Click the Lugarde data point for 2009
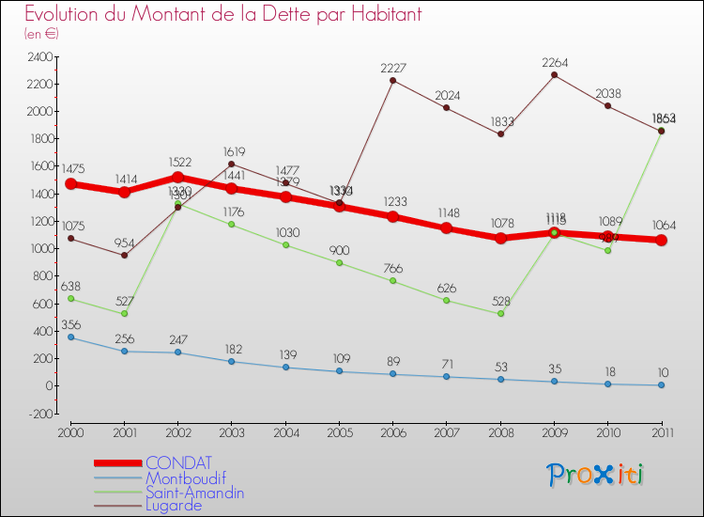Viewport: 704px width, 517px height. click(x=554, y=75)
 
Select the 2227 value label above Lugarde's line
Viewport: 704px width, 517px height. click(x=393, y=68)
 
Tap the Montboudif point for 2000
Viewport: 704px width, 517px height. click(x=70, y=337)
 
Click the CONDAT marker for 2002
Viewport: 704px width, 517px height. click(x=177, y=177)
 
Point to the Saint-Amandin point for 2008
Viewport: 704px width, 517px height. click(x=500, y=313)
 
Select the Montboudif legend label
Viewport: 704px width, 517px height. click(x=185, y=478)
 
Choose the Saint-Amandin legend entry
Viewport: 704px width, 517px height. click(x=195, y=492)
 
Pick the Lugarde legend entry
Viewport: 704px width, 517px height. click(x=174, y=505)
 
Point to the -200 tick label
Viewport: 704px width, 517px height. click(x=39, y=414)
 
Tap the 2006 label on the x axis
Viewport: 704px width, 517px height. click(x=392, y=431)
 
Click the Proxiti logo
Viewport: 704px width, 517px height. click(x=596, y=475)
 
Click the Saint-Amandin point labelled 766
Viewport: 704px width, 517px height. click(x=392, y=280)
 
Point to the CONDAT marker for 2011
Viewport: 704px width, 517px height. click(x=661, y=240)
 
